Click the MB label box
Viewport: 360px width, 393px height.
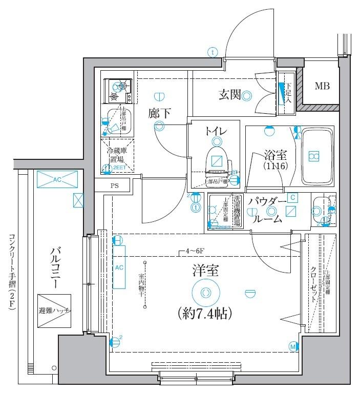tap(322, 86)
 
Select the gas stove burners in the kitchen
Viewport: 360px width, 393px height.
tap(117, 91)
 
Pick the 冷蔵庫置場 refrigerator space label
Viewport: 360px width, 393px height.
tap(116, 154)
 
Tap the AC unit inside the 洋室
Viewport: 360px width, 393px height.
tap(119, 267)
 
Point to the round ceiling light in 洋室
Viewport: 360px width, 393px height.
tap(205, 293)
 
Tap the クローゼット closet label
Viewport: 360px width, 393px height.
tap(313, 284)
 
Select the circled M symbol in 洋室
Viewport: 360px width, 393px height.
tap(293, 347)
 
